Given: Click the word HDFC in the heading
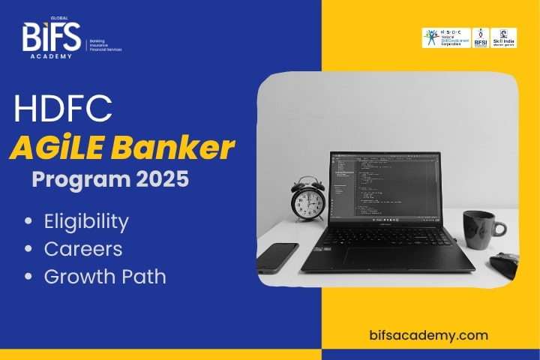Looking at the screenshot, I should point(63,109).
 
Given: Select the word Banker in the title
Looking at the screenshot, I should point(179,148).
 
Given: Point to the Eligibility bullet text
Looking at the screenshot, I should point(86,222).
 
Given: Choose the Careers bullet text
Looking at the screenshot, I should point(82,249).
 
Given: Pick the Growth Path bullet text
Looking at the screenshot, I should point(105,276).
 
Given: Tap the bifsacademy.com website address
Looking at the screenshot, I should point(429,335).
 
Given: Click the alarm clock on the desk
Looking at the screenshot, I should point(308,199).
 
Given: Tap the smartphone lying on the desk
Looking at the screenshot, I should point(277,256).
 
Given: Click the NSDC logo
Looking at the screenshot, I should point(446,37).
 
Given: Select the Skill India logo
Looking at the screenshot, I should point(504,37).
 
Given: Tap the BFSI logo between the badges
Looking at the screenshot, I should point(480,37).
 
